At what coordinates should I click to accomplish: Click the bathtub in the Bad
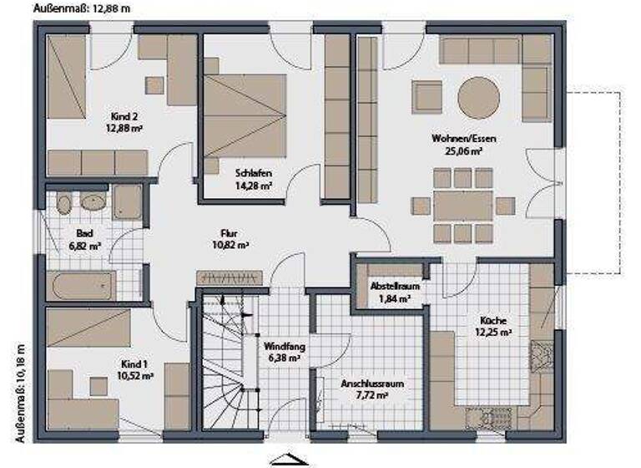click(82, 287)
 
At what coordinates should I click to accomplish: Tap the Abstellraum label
click(395, 286)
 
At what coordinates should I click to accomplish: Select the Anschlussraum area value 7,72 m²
click(371, 396)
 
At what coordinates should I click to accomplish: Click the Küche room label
click(492, 319)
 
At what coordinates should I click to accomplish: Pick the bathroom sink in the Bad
click(93, 201)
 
